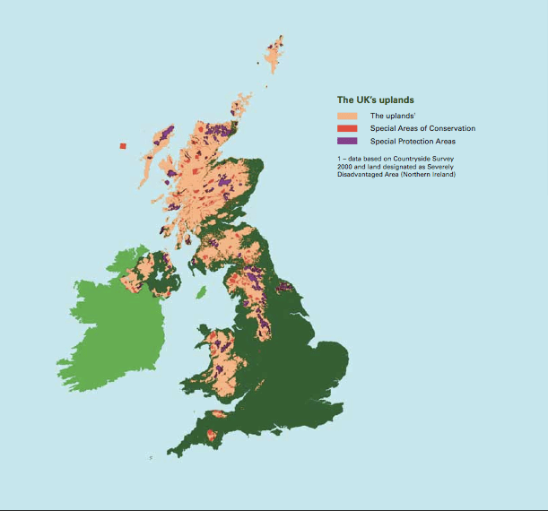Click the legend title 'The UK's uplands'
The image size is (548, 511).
click(x=374, y=100)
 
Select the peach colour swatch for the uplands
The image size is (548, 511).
click(x=347, y=116)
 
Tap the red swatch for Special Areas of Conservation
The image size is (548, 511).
click(x=347, y=128)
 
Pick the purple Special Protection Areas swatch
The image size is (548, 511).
click(x=347, y=141)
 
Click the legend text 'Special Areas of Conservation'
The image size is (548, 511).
click(x=422, y=128)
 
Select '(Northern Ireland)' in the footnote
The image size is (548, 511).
click(x=429, y=174)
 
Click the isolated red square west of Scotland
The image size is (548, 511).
click(x=123, y=146)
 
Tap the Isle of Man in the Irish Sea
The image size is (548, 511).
click(x=201, y=291)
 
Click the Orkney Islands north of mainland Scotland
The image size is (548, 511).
click(x=240, y=107)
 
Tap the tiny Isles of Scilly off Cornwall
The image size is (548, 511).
click(x=152, y=458)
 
